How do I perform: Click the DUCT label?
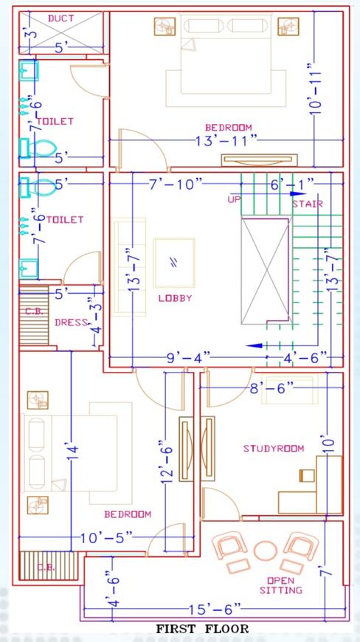point(61,18)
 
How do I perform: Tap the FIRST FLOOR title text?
point(202,629)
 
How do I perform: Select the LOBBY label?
point(175,298)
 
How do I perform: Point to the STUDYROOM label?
point(274,449)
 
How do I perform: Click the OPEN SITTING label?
point(280,585)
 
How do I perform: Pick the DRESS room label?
point(71,322)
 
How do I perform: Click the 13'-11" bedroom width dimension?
point(226,141)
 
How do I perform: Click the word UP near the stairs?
point(233,199)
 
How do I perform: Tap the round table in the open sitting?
point(266,550)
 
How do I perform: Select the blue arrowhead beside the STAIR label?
point(298,193)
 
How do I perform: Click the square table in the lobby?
point(174,263)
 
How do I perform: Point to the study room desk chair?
point(307,476)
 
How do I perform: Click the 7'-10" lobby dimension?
point(176,184)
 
